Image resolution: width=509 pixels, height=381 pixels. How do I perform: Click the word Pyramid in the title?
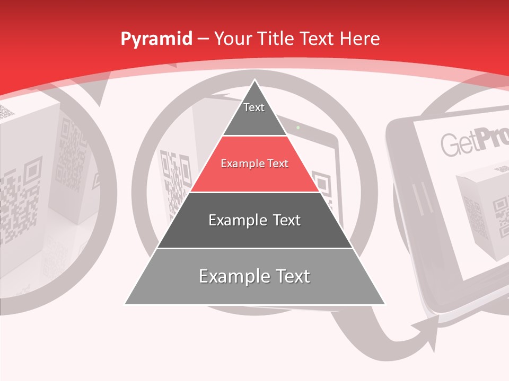[156, 39]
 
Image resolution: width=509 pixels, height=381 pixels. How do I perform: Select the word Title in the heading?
[276, 39]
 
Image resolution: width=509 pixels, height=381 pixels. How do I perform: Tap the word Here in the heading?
[359, 39]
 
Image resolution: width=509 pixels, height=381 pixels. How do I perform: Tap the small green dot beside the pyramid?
[298, 128]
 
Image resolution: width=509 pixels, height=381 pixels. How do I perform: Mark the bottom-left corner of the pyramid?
[126, 304]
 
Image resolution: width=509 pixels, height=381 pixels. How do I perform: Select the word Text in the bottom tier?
[289, 276]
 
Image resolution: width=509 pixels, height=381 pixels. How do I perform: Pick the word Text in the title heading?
[318, 39]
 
